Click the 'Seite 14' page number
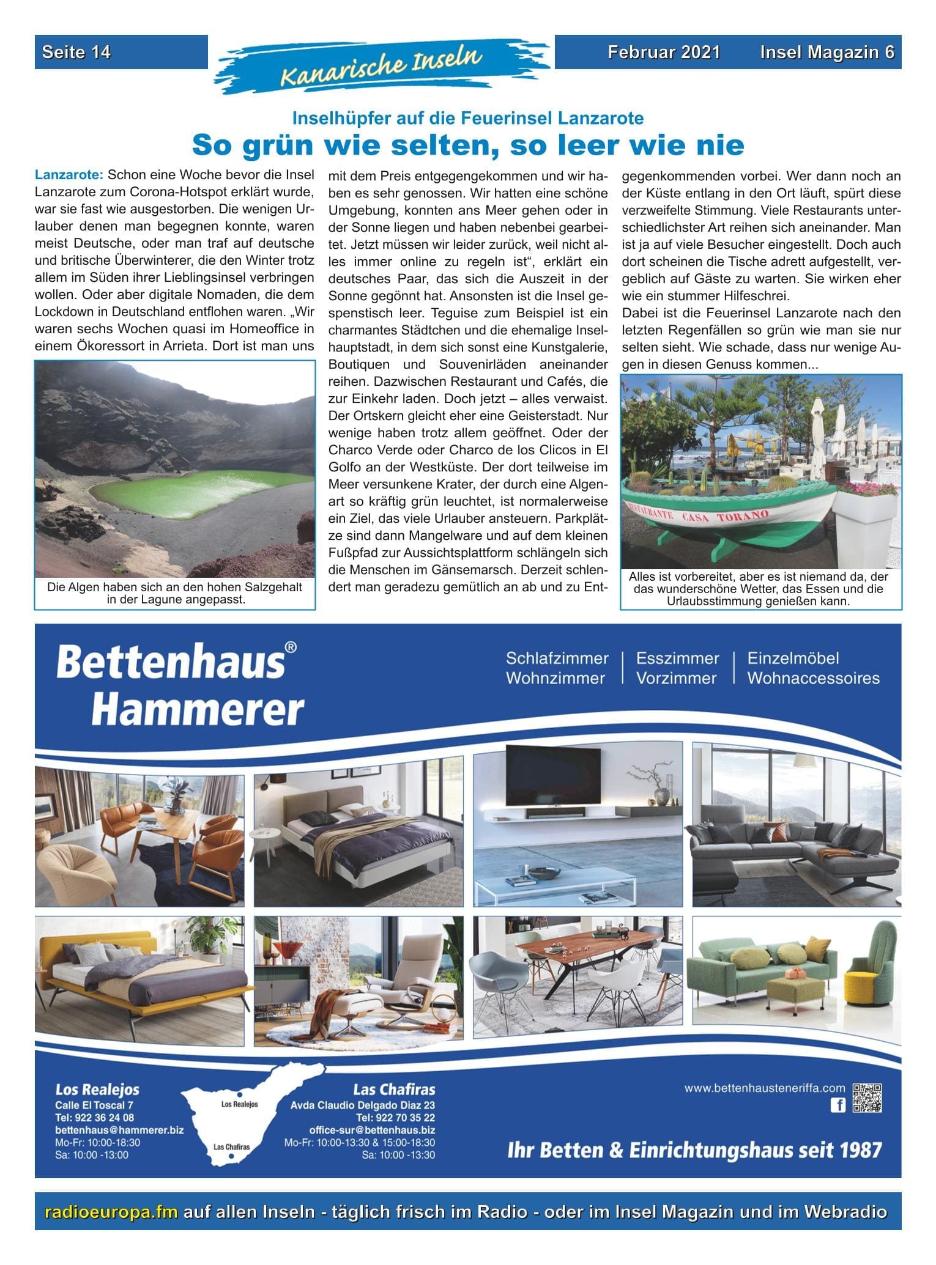[76, 52]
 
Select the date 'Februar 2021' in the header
[664, 52]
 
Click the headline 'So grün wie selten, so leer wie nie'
[468, 146]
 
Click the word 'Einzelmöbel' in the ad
[793, 658]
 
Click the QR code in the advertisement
[867, 1097]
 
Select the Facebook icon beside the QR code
[837, 1105]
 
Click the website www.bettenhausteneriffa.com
[765, 1088]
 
